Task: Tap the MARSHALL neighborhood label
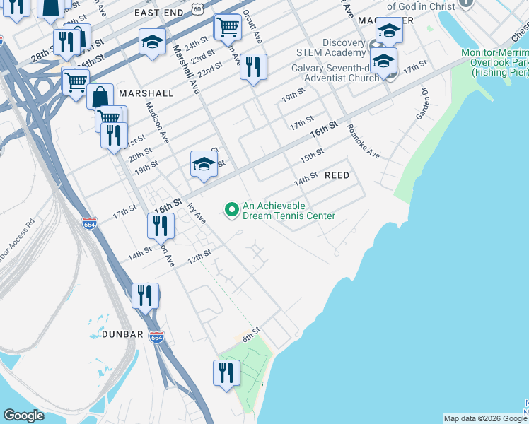click(146, 93)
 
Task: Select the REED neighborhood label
click(337, 175)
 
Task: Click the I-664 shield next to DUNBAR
click(157, 337)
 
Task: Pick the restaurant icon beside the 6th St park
click(226, 372)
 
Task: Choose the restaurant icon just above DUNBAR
click(145, 295)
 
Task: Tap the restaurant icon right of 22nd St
click(253, 66)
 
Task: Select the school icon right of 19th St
click(204, 165)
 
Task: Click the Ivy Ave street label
click(196, 213)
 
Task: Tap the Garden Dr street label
click(423, 104)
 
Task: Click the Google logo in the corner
click(23, 416)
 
